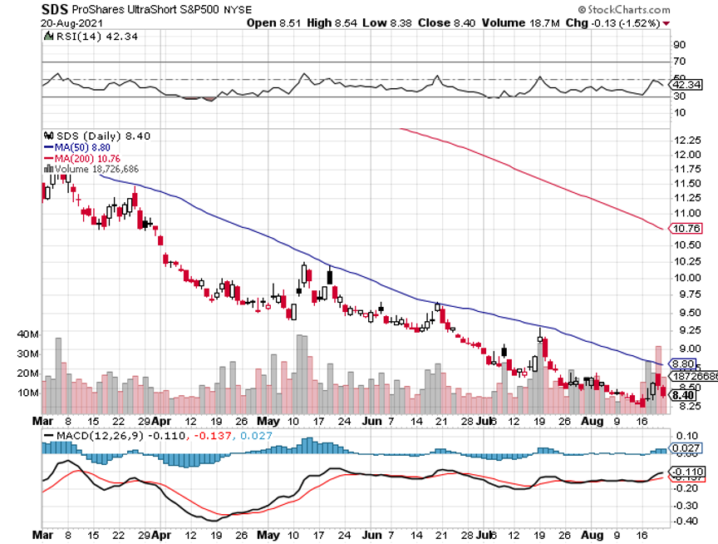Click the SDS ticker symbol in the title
(55, 8)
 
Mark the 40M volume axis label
(51, 334)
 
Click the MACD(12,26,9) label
(93, 435)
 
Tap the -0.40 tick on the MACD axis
(683, 522)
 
